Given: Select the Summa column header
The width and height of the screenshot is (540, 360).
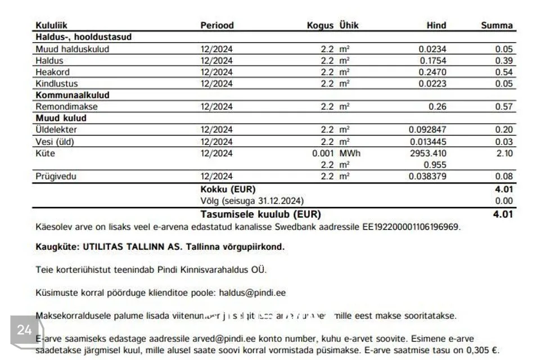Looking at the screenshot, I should coord(497,25).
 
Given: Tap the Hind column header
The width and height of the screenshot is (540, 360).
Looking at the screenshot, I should coord(436,25).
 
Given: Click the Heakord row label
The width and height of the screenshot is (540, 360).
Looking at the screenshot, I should coord(53,72).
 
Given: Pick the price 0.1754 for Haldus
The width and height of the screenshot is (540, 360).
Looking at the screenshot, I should coord(433,61).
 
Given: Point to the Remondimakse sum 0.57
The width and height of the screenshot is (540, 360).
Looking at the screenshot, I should coord(504,107).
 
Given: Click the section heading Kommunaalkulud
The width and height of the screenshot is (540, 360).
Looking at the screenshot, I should coord(73,95).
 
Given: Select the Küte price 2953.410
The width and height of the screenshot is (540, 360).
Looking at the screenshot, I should coord(427,154).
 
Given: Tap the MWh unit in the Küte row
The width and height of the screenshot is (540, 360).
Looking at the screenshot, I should coord(350,154).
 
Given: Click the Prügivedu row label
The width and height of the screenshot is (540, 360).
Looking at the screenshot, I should coord(56,177).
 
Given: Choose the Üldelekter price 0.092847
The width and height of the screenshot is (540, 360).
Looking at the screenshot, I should coord(427,130).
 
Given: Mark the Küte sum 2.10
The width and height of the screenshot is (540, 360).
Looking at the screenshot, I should coord(504,154).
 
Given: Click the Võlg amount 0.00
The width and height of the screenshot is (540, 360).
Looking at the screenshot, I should coord(504,201).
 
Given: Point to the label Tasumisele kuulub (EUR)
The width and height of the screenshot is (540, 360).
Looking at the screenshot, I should coord(261,214).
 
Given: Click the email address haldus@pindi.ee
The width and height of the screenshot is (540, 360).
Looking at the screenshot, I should coord(252,293).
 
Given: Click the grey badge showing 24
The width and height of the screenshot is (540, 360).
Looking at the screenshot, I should coord(24,330).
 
